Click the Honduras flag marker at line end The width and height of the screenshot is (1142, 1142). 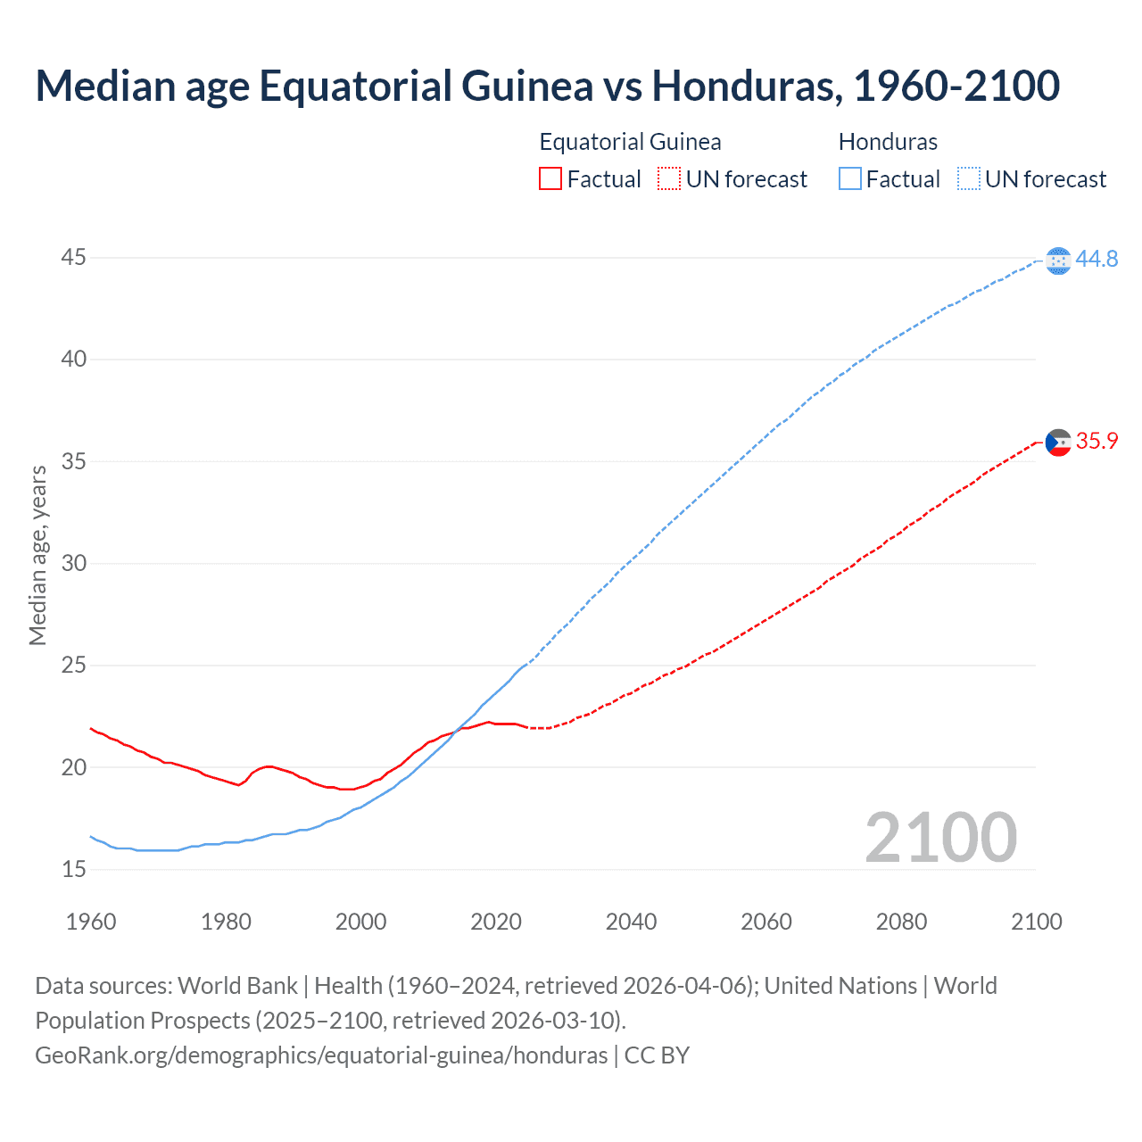[x=1058, y=261]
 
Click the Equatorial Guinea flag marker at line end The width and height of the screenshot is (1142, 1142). [x=1058, y=443]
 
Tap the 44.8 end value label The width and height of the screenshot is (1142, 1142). [x=1096, y=259]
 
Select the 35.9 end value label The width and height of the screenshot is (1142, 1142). [x=1096, y=441]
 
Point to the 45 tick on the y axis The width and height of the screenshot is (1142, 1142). [x=73, y=258]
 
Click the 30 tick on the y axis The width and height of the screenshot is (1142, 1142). [x=73, y=563]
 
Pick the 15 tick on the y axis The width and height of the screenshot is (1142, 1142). [x=73, y=869]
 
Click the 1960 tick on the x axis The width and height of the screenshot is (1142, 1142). [x=91, y=922]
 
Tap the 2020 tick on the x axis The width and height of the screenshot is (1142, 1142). [x=496, y=922]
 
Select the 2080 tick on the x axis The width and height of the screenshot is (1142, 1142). [x=901, y=922]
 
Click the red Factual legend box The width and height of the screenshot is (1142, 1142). [x=550, y=179]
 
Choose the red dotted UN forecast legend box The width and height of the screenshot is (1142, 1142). [x=669, y=179]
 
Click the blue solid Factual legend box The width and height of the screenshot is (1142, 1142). [x=850, y=179]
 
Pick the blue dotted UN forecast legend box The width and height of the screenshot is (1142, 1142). [x=969, y=179]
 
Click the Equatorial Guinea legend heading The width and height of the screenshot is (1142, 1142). [x=630, y=142]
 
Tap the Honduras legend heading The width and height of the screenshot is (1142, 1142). [x=888, y=142]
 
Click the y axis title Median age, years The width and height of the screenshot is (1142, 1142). [x=37, y=555]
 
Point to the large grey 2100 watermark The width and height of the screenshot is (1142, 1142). [x=940, y=837]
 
